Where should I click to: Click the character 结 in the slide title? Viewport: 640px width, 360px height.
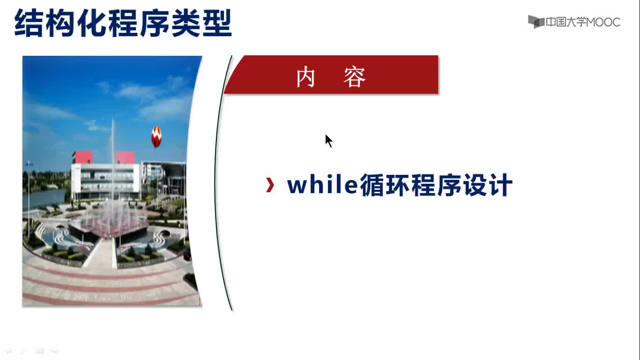coord(29,23)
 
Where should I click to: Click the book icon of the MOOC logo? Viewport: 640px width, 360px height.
coord(536,22)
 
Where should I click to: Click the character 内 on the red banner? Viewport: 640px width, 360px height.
coord(305,77)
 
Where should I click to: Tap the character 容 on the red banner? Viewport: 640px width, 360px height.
coord(355,77)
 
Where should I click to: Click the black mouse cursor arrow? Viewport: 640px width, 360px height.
coord(328,141)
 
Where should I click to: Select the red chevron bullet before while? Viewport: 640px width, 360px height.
coord(270,185)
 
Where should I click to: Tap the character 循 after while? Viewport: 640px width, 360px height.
coord(372,185)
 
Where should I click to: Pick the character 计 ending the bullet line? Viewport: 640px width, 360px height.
coord(500,185)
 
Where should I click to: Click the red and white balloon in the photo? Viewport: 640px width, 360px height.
coord(156,137)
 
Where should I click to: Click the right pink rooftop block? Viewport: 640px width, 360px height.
coord(125,157)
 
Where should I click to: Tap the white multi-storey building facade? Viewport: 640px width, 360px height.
coord(105,181)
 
